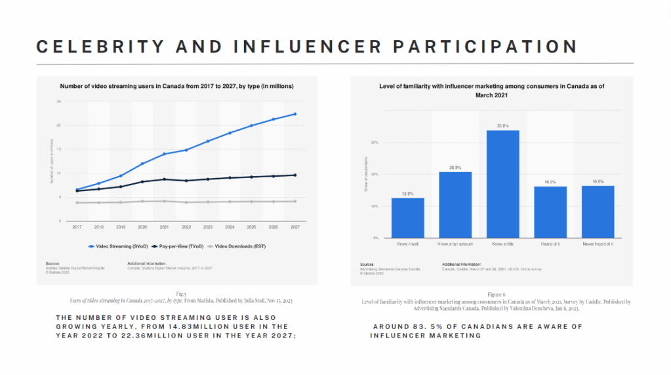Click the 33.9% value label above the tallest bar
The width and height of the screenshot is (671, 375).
502,125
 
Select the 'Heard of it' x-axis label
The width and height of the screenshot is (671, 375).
550,244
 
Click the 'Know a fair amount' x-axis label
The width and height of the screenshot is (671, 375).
455,244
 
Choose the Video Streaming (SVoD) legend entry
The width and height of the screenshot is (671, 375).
118,246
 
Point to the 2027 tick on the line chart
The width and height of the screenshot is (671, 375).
295,227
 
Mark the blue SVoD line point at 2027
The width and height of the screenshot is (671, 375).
295,114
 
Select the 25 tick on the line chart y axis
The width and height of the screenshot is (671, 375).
58,102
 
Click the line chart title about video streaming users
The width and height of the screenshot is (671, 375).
176,86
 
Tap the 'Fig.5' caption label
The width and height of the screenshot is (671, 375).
181,294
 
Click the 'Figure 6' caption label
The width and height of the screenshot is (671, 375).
496,296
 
